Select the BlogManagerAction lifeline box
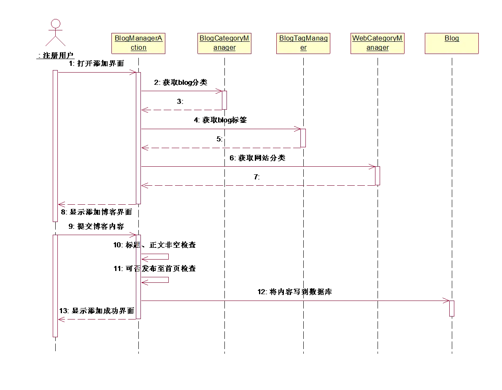138,43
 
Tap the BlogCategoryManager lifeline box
224,43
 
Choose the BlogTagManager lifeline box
303,43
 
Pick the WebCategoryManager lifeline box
378,43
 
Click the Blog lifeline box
452,43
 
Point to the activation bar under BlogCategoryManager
224,100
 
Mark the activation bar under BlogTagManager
303,138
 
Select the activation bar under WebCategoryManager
378,175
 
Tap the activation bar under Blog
452,308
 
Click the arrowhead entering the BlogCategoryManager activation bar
219,91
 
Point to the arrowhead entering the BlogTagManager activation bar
298,129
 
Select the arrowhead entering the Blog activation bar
446,301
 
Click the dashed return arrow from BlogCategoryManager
181,110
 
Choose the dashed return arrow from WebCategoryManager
257,184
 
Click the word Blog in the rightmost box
452,38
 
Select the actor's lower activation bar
55,285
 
